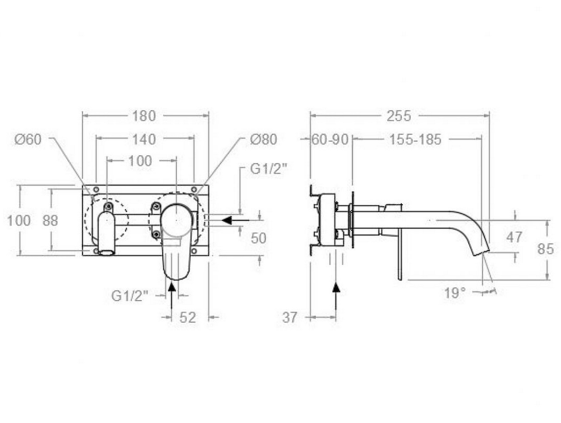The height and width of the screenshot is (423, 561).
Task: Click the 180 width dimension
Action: tap(144, 116)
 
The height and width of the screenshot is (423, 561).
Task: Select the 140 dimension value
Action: tap(144, 139)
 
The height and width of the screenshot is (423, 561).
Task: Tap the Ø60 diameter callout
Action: tap(28, 139)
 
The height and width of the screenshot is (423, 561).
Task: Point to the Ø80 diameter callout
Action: tap(264, 139)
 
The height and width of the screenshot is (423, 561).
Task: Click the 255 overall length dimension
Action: tap(399, 116)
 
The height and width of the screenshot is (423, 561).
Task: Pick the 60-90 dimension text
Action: tap(330, 140)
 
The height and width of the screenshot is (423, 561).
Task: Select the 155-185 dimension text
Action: tap(415, 140)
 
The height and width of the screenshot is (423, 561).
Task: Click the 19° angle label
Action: tap(455, 293)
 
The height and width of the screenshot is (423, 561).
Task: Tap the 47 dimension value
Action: tap(514, 237)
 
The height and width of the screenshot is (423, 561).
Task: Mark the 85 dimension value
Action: tap(546, 249)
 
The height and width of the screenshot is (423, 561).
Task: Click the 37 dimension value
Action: tap(290, 317)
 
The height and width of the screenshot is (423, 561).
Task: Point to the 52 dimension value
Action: tap(188, 317)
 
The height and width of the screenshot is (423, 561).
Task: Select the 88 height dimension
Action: tap(50, 220)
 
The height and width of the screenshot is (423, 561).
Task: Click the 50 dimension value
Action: tap(259, 238)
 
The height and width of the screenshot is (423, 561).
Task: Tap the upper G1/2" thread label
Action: tap(269, 169)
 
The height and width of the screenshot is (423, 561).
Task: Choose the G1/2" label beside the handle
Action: tap(130, 296)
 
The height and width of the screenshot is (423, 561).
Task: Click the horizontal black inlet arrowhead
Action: tap(227, 220)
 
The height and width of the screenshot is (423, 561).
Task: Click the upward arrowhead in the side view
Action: tap(336, 288)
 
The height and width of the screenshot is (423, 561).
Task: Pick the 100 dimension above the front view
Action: tap(140, 161)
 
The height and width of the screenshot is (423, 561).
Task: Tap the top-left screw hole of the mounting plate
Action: tap(95, 189)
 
